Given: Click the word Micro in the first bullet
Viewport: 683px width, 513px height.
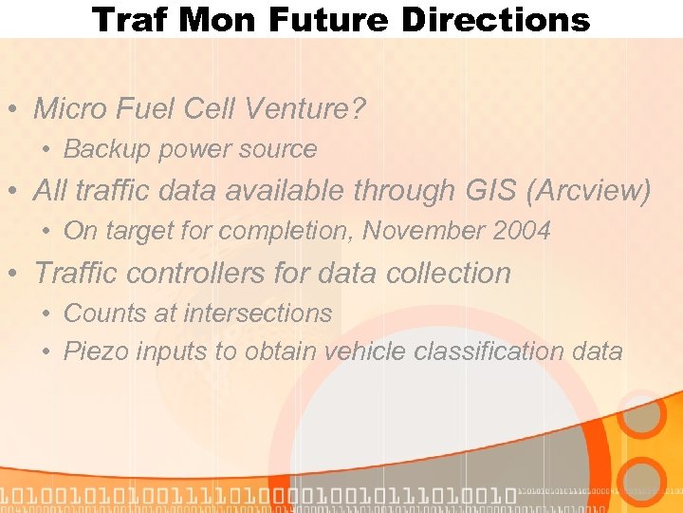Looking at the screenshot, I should pos(70,109).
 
